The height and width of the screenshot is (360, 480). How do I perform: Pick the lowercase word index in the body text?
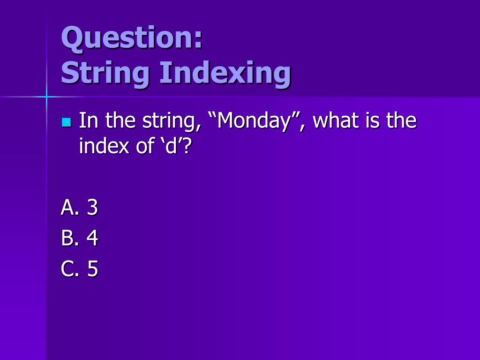(x=102, y=147)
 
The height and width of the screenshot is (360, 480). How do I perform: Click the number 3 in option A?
(x=92, y=208)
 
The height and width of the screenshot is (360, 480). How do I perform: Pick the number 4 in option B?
(x=92, y=239)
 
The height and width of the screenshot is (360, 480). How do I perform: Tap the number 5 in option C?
(x=92, y=269)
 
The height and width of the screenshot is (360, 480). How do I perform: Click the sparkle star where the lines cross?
(x=46, y=97)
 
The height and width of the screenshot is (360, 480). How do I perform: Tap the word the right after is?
(x=401, y=121)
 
